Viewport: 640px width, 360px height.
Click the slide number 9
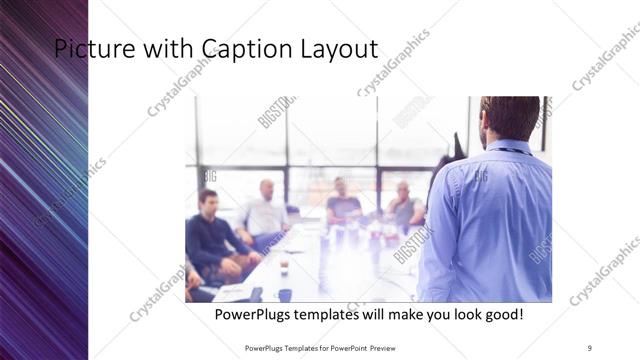[x=589, y=347]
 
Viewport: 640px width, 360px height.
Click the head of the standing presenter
[x=509, y=116]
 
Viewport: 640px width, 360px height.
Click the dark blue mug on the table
[x=284, y=295]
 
